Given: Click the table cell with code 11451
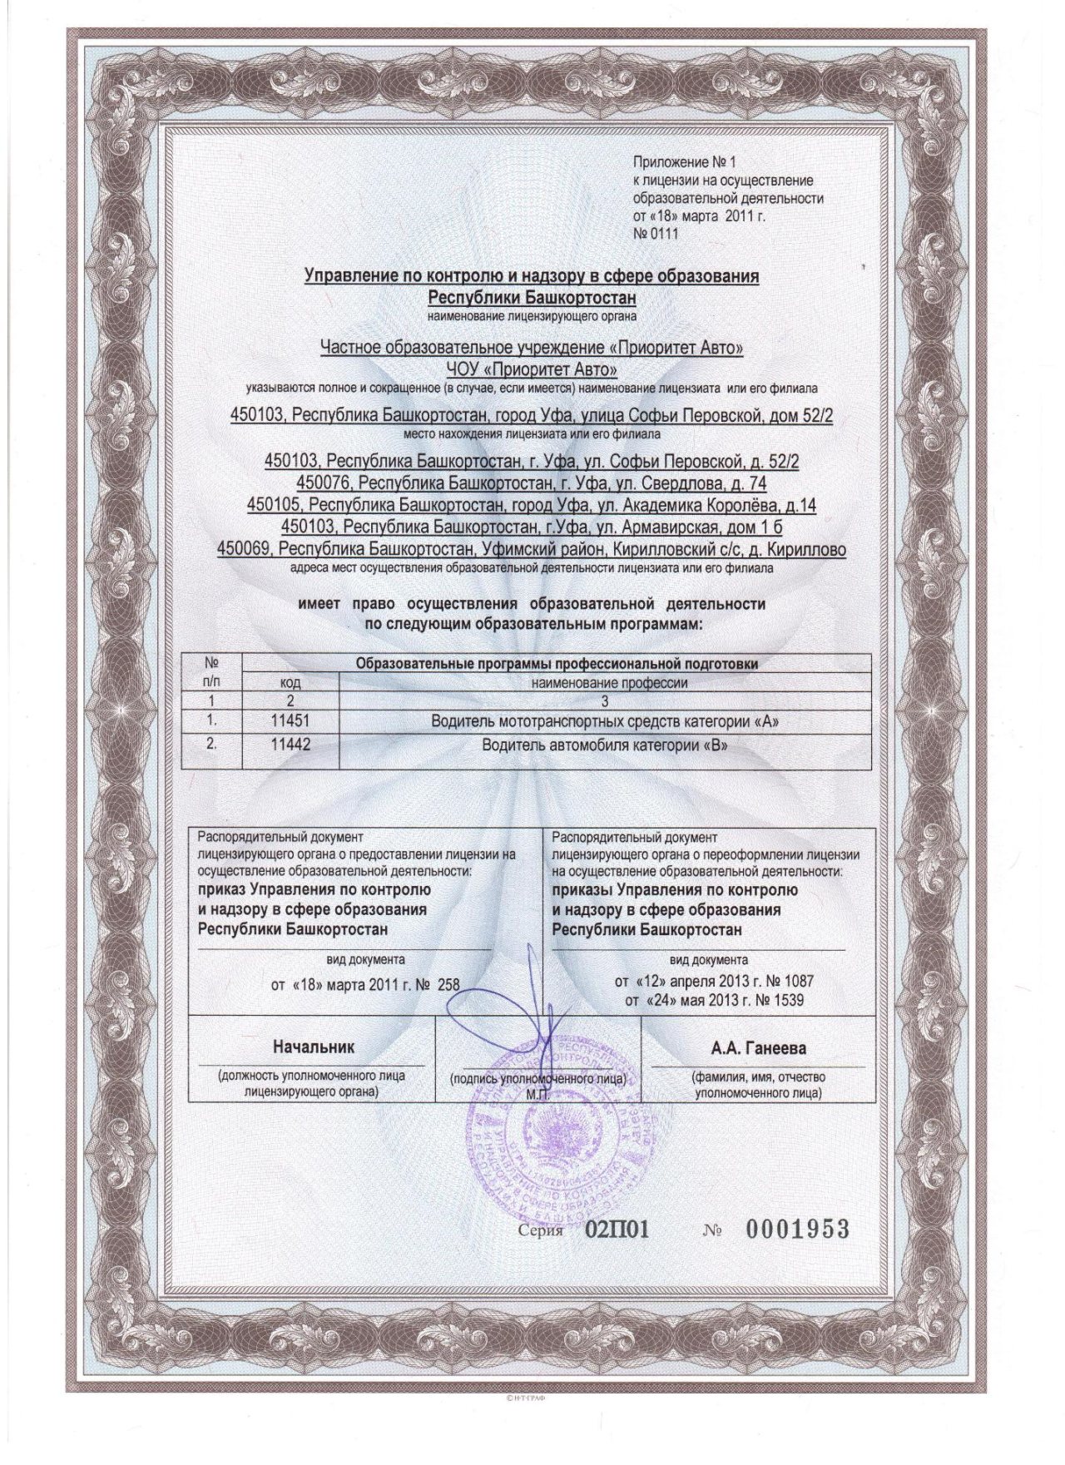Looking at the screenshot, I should (290, 722).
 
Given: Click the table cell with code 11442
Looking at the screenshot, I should (290, 745).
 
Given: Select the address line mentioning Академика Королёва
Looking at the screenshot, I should (532, 505).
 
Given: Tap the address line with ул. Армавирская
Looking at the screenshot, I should (532, 527).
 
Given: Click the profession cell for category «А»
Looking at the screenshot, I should (606, 722).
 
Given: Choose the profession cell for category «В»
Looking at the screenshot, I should (606, 745).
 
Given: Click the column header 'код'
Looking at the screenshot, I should (290, 683).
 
